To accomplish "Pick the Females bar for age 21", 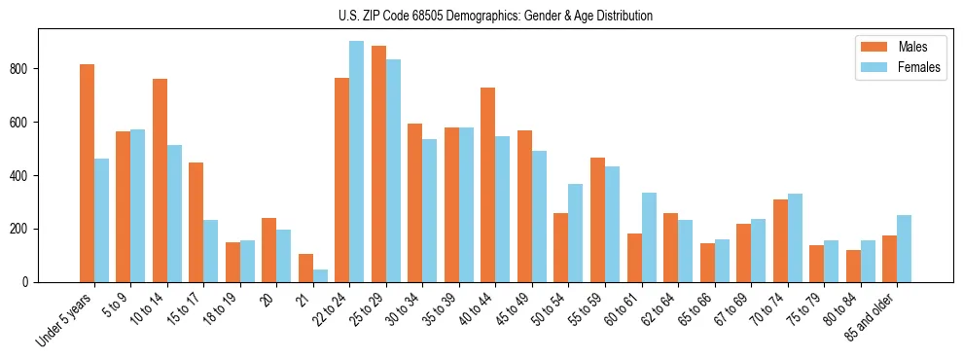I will tap(320, 275).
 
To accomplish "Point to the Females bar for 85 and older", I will tap(904, 248).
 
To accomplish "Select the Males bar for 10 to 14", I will tap(160, 180).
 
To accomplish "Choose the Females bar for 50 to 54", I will tap(576, 233).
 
